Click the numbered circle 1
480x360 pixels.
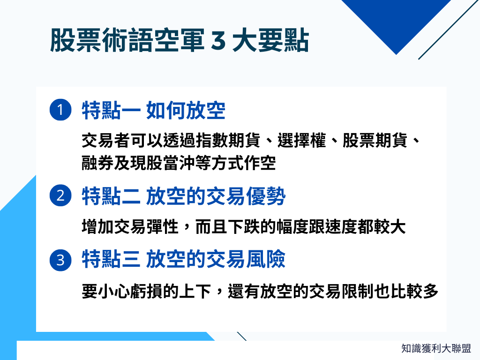(60, 110)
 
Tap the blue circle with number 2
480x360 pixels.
(60, 195)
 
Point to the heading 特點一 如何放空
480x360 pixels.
(153, 111)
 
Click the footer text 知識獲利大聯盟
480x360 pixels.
(436, 348)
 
